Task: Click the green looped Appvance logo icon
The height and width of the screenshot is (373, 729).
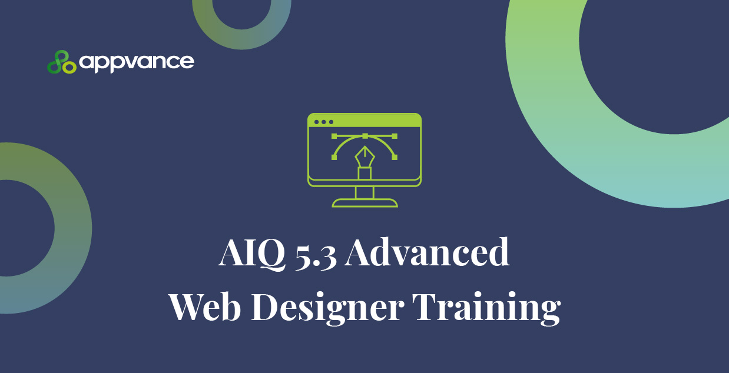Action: pyautogui.click(x=62, y=62)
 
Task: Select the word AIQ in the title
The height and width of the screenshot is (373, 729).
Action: pyautogui.click(x=252, y=252)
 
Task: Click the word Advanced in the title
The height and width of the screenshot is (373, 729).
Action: pyautogui.click(x=427, y=251)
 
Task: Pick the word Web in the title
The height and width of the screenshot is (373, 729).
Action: pyautogui.click(x=205, y=306)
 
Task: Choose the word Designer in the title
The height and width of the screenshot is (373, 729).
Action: pyautogui.click(x=328, y=308)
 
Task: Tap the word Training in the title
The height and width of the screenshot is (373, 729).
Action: pyautogui.click(x=486, y=308)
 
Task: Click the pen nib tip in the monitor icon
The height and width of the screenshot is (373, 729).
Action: pyautogui.click(x=365, y=147)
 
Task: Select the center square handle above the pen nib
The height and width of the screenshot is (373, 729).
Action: pyautogui.click(x=365, y=136)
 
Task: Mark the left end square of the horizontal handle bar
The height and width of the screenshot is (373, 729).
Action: pyautogui.click(x=334, y=136)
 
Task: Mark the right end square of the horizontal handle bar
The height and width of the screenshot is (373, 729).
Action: pyautogui.click(x=395, y=136)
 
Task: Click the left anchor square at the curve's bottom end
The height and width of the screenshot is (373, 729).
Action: pyautogui.click(x=334, y=158)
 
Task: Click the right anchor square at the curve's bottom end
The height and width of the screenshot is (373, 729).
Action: pyautogui.click(x=395, y=158)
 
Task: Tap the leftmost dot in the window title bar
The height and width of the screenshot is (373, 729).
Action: pyautogui.click(x=316, y=122)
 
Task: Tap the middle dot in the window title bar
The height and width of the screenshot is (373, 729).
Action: pyautogui.click(x=324, y=122)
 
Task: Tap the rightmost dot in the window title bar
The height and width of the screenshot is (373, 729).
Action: pyautogui.click(x=332, y=122)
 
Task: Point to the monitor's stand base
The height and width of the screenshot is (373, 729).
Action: pyautogui.click(x=365, y=203)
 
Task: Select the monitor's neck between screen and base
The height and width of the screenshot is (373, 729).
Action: pyautogui.click(x=364, y=192)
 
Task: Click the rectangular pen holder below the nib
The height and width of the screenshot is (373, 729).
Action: pyautogui.click(x=365, y=173)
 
